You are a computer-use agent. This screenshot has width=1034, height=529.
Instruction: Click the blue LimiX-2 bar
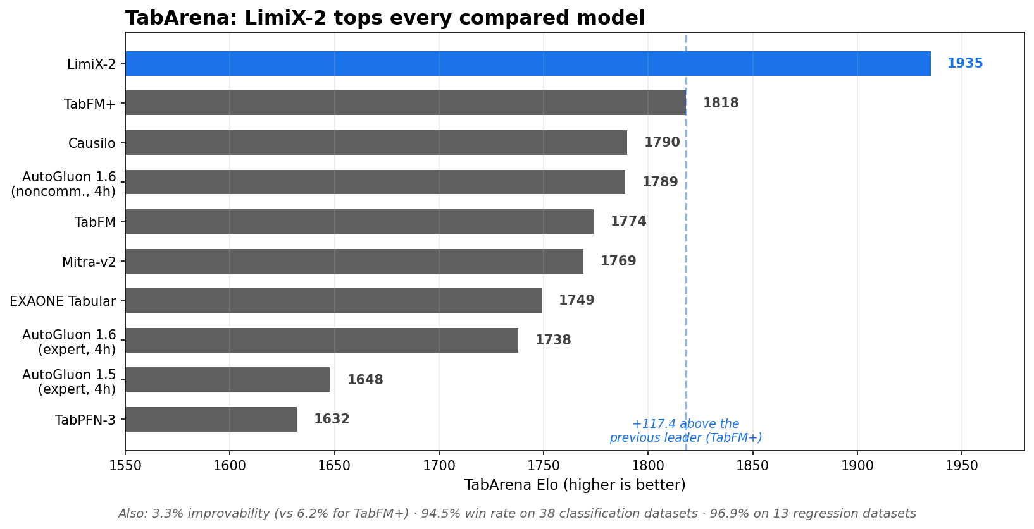pos(528,64)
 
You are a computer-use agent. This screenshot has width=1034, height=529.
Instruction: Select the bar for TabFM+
pos(405,103)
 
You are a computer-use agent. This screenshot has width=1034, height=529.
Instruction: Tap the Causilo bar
pos(377,142)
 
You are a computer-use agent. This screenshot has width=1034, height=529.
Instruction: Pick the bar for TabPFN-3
pos(211,419)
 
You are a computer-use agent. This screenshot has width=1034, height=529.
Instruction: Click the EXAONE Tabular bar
pos(333,301)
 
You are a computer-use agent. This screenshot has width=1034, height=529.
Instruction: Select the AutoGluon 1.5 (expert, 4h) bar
pos(228,380)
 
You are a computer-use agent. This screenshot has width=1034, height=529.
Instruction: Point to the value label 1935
pos(965,63)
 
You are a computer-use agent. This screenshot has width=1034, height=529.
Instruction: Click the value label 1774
pos(628,221)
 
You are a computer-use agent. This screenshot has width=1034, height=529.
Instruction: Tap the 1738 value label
pos(553,340)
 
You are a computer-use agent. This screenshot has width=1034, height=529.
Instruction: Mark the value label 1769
pos(618,261)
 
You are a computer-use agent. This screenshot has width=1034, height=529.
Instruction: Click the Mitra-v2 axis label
pos(89,262)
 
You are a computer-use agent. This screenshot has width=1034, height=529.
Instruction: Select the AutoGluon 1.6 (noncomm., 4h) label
pos(63,184)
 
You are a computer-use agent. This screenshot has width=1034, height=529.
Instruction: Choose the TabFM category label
pos(95,222)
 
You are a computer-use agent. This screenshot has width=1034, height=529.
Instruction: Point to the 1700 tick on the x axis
pos(439,466)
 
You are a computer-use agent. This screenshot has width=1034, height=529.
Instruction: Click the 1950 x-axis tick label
pos(962,466)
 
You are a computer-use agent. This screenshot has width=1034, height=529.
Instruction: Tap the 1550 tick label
pos(125,466)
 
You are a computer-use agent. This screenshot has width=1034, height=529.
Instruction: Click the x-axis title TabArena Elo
pos(575,485)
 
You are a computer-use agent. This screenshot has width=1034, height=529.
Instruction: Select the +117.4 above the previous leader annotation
pos(685,431)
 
